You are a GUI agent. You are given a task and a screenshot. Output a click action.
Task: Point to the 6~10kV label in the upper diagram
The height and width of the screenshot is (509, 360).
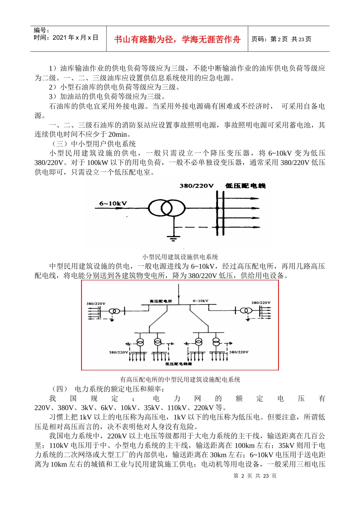113,203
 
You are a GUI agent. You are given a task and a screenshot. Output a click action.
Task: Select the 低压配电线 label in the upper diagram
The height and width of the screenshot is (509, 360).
245,186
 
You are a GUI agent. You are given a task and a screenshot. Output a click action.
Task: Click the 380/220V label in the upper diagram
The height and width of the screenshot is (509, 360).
196,186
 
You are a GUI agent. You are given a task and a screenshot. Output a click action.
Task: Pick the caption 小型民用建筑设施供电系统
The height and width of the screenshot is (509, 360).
180,257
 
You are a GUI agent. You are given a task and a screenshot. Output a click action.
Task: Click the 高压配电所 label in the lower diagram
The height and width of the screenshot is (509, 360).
161,301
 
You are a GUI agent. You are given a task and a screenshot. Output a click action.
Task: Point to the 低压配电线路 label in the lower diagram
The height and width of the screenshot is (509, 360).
178,364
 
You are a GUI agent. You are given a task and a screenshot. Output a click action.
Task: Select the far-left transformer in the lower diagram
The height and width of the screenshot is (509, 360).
114,311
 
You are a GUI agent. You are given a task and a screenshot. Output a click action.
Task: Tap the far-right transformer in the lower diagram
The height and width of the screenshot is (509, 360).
246,311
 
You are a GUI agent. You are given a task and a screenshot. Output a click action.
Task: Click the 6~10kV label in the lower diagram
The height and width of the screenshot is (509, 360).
200,301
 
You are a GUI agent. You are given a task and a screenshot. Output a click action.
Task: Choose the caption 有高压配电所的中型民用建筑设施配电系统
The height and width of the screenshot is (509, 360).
180,379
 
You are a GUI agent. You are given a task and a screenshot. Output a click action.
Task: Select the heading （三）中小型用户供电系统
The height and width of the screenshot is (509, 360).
93,144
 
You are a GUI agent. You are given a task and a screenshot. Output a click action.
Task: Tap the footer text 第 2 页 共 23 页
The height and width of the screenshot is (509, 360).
255,476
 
